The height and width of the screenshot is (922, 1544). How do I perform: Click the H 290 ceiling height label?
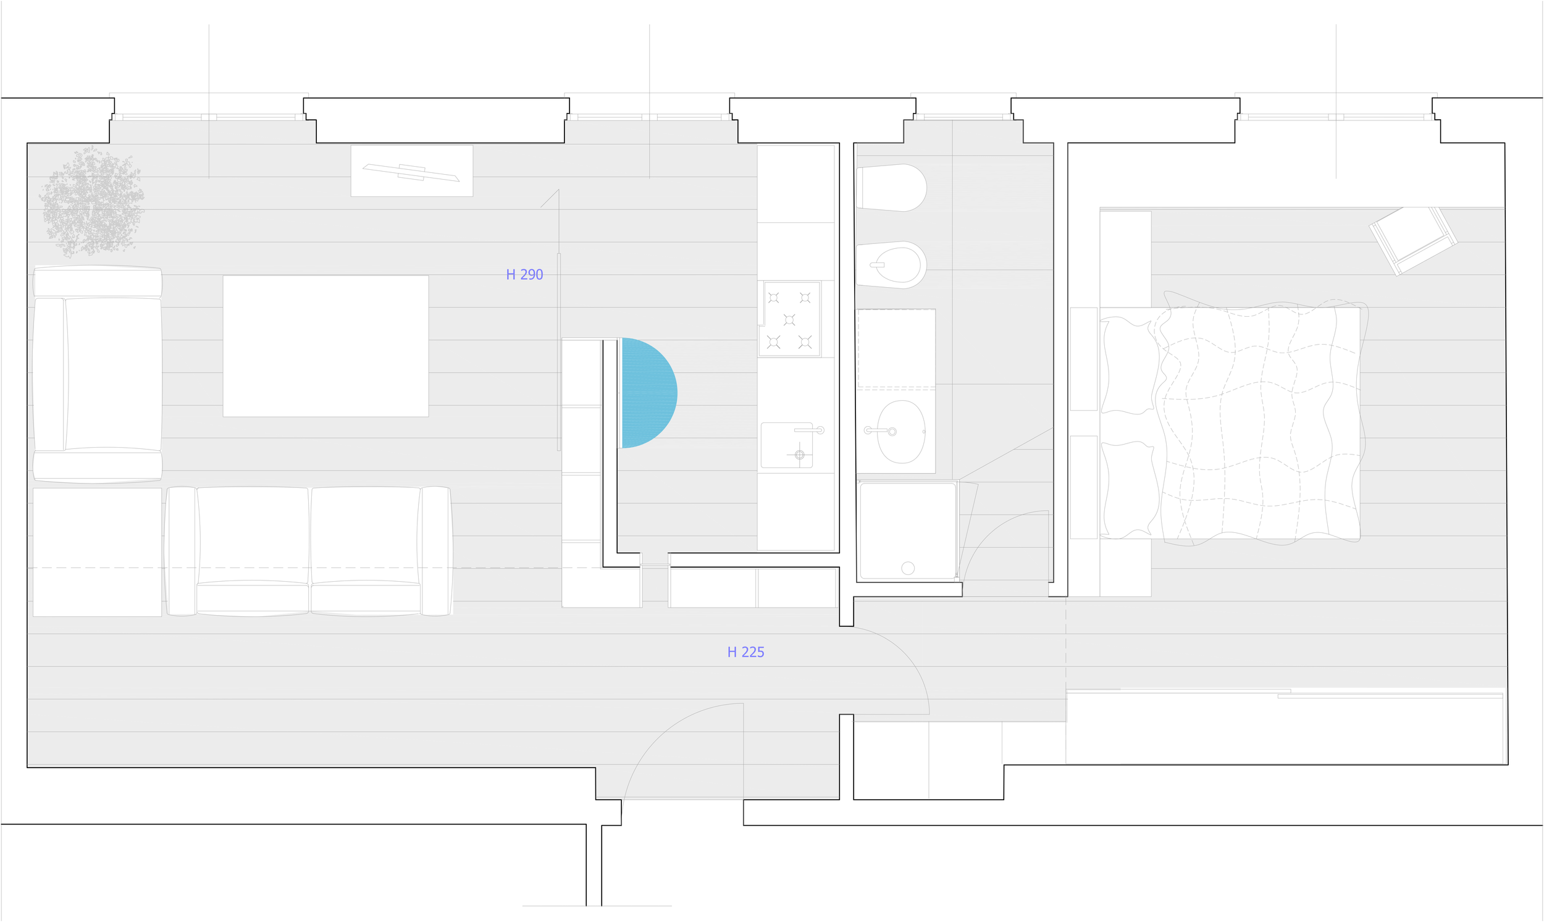(524, 275)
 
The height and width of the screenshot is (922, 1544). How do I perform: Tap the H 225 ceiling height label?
(745, 652)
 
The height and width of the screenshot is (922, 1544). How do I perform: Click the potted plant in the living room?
(92, 202)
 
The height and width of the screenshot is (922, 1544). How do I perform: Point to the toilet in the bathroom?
(892, 188)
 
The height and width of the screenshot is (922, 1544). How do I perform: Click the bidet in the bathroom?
(892, 266)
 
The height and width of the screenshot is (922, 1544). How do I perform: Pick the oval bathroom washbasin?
(900, 432)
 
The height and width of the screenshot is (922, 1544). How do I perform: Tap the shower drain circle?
(907, 568)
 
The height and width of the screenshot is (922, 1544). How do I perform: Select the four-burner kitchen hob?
(789, 319)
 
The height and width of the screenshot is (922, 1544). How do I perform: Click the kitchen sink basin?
(787, 446)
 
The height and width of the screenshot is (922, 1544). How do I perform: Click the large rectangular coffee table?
(325, 346)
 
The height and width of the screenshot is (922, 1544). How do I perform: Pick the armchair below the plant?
(98, 374)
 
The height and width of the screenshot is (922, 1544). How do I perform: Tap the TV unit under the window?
(411, 171)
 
